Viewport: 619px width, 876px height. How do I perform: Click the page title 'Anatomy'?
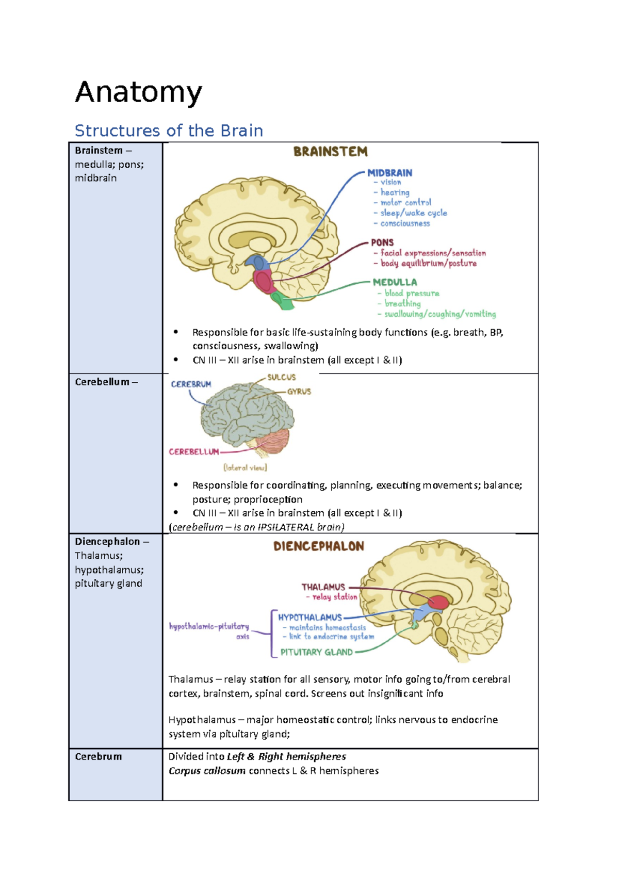(x=138, y=93)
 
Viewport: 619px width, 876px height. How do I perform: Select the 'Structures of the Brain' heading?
(x=169, y=131)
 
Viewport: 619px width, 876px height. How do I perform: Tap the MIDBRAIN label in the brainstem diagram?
(x=389, y=173)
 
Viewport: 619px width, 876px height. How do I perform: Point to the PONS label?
(x=382, y=242)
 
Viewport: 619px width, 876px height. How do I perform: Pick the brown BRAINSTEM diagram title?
(x=330, y=152)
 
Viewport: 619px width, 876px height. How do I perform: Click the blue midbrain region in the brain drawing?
(x=258, y=264)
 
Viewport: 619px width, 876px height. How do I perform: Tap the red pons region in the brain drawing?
(x=263, y=282)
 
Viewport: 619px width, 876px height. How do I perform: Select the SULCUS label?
(x=281, y=378)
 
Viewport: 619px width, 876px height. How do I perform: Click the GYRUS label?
(x=299, y=392)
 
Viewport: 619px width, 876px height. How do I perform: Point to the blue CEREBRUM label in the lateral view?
(x=191, y=384)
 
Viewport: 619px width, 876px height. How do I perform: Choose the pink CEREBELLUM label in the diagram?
(x=194, y=452)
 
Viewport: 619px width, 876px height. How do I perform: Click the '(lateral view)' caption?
(x=245, y=468)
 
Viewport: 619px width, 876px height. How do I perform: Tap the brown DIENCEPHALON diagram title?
(x=318, y=546)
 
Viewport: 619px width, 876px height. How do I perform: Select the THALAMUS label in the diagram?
(x=323, y=587)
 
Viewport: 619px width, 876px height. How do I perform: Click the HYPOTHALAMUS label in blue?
(x=309, y=618)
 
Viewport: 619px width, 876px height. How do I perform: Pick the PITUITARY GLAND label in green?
(x=316, y=652)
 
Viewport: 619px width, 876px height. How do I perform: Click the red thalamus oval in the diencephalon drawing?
(x=438, y=603)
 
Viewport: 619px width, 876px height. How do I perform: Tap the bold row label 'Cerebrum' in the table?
(x=98, y=757)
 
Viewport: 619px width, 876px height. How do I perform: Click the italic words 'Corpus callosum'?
(x=207, y=771)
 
